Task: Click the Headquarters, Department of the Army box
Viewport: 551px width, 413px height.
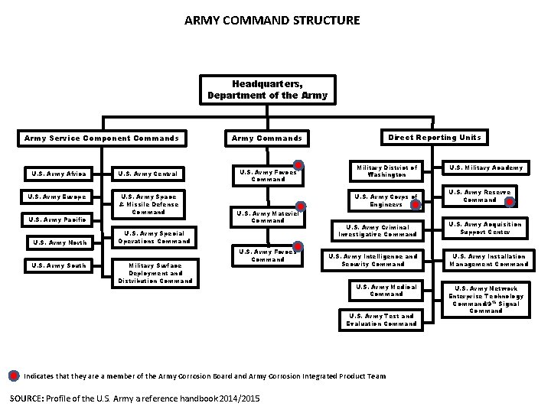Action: pyautogui.click(x=267, y=90)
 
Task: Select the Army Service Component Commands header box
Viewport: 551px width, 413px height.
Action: pyautogui.click(x=102, y=138)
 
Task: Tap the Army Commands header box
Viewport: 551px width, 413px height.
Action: pyautogui.click(x=267, y=138)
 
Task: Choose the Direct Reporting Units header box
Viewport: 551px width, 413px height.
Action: pyautogui.click(x=434, y=137)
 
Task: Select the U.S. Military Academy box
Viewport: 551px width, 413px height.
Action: pyautogui.click(x=486, y=167)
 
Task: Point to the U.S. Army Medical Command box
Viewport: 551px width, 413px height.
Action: pyautogui.click(x=382, y=290)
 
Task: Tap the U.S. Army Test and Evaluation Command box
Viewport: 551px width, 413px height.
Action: pyautogui.click(x=382, y=320)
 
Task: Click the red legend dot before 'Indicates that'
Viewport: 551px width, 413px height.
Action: pyautogui.click(x=15, y=375)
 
